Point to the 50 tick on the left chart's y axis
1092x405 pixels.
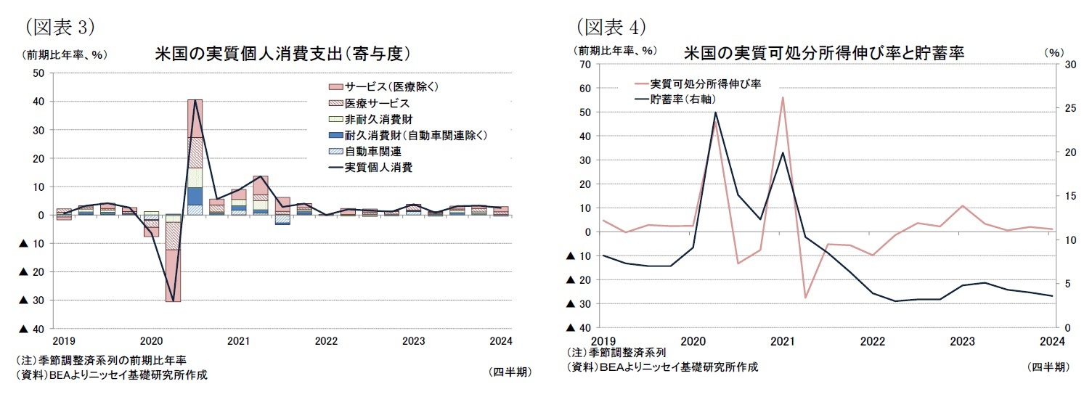point(38,73)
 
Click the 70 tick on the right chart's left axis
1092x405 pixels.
point(586,65)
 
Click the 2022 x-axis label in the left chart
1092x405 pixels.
point(326,340)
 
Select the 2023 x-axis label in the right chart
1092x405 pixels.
point(962,340)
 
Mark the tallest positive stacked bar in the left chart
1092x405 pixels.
point(195,156)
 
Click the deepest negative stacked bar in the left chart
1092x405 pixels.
point(173,261)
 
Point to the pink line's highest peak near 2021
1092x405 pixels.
point(783,97)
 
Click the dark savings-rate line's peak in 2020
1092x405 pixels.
point(715,112)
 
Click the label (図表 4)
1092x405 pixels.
point(611,27)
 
